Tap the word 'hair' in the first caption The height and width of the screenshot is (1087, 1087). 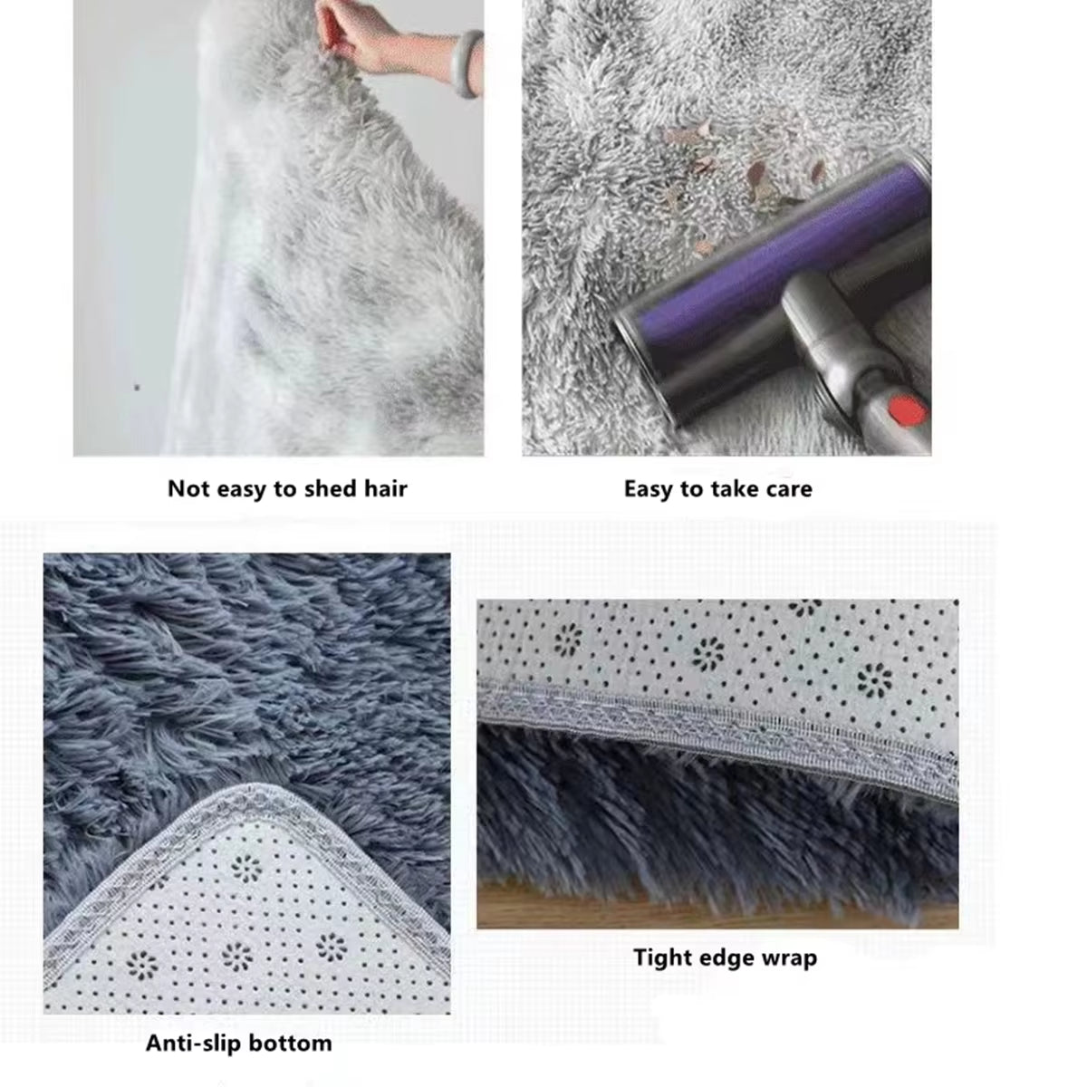tap(385, 489)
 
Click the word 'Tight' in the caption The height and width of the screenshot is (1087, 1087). tap(662, 957)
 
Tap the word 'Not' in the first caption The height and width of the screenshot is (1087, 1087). tap(188, 489)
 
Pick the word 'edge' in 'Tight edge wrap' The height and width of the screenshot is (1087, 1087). tap(725, 958)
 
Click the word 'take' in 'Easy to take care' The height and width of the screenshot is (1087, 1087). tap(726, 489)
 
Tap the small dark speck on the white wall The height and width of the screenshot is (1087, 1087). tap(137, 388)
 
